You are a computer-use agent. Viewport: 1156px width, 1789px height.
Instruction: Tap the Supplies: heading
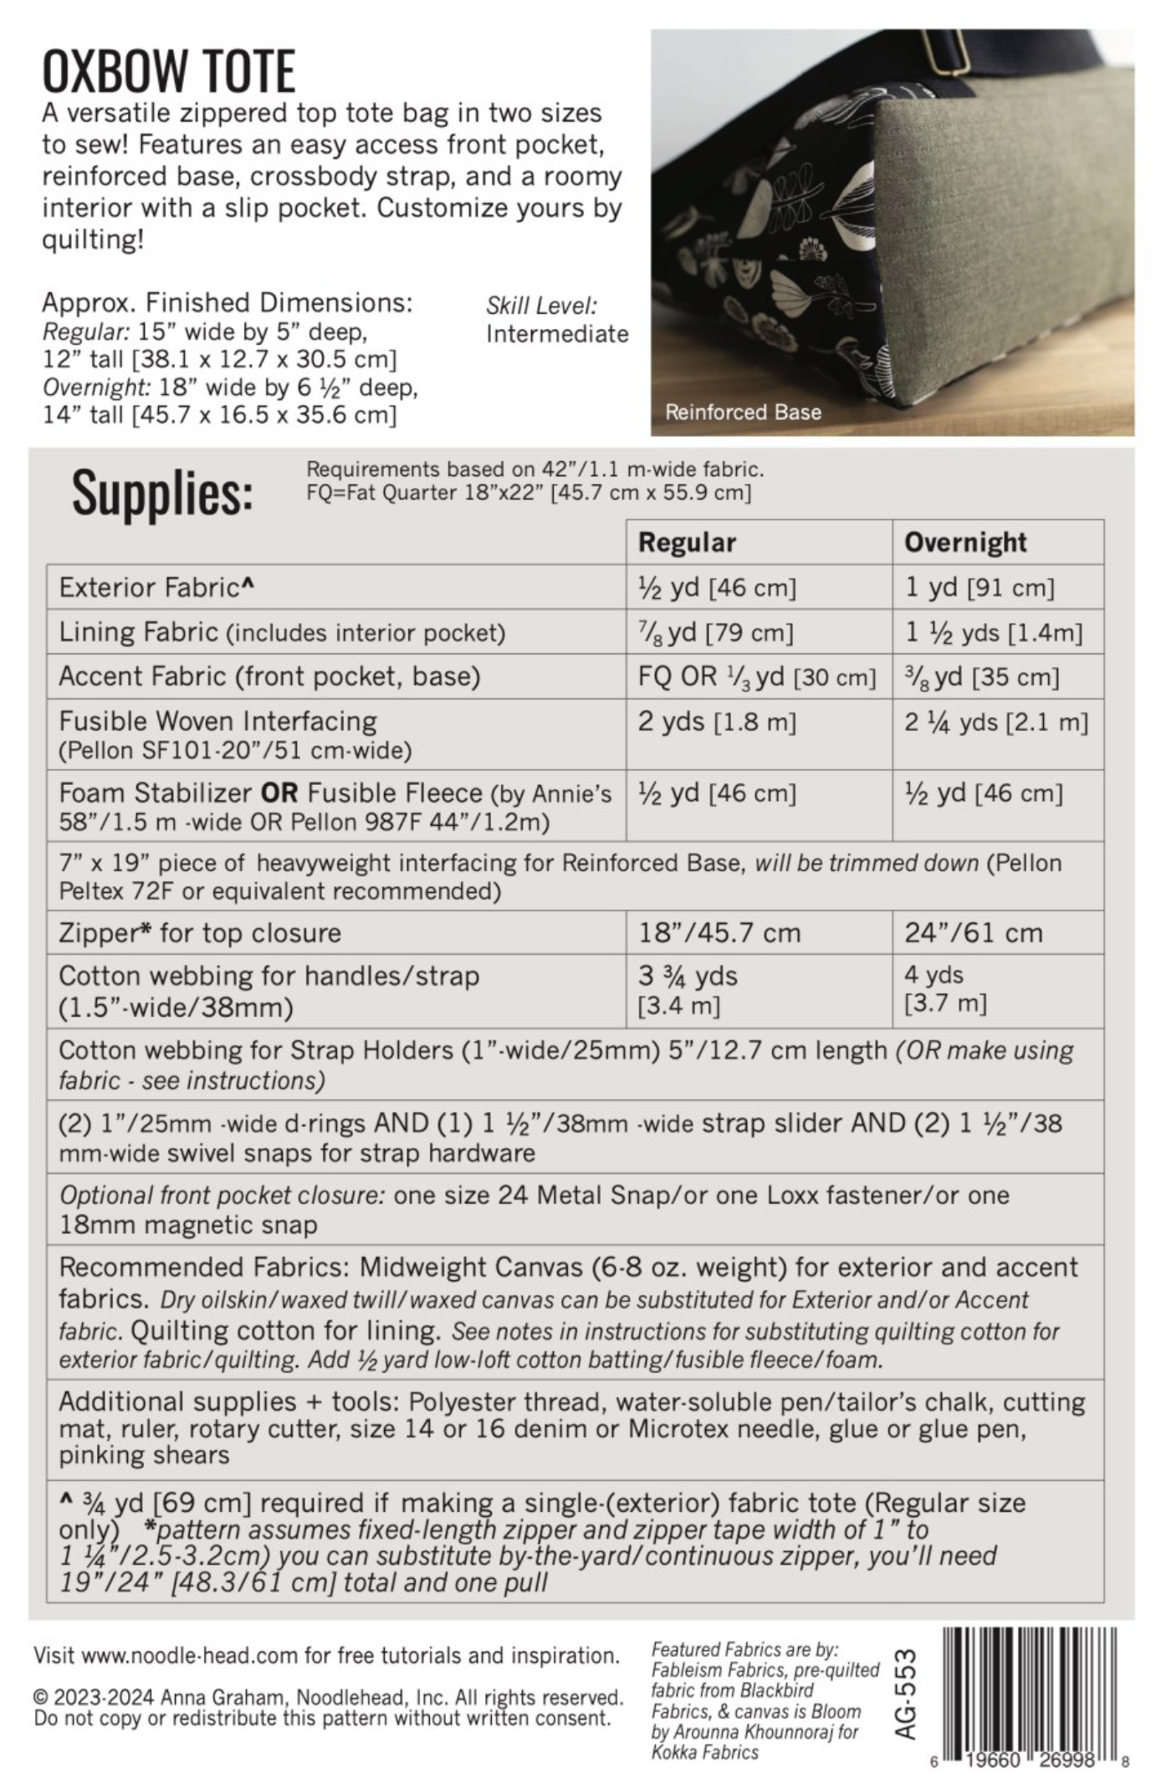tap(162, 493)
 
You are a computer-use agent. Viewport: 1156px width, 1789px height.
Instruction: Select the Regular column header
tap(687, 542)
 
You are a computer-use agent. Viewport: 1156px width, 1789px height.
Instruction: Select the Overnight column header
tap(964, 542)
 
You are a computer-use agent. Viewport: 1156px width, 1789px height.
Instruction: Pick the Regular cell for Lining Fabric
tap(715, 632)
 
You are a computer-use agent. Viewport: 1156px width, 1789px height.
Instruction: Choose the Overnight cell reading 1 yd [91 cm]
tap(979, 587)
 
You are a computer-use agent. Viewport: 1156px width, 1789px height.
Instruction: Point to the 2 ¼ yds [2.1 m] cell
tap(995, 722)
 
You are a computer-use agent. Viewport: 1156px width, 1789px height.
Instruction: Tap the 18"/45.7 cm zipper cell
tap(719, 932)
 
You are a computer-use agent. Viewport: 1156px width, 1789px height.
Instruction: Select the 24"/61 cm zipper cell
tap(973, 932)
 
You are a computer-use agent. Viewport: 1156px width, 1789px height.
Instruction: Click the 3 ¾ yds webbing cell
tap(688, 989)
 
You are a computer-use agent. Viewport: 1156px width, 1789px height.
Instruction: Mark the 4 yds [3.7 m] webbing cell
tap(945, 988)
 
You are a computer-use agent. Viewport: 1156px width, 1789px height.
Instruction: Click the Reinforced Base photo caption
tap(743, 412)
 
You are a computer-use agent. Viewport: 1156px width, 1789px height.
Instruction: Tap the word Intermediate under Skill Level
tap(557, 334)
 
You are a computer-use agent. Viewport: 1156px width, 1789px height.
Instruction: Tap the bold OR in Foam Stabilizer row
tap(279, 792)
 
